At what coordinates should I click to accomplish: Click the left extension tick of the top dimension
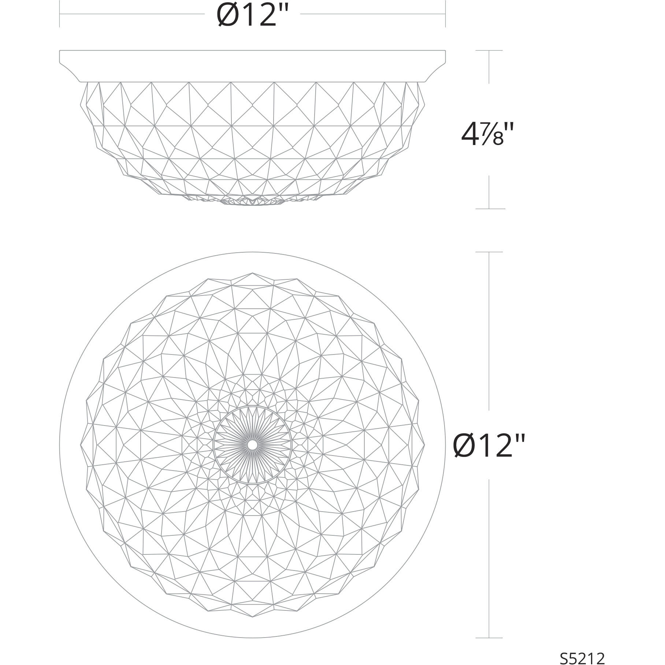60,14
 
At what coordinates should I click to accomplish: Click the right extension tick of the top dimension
445,14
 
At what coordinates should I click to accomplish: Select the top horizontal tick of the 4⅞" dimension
489,51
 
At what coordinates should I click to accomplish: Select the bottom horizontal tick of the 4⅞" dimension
490,209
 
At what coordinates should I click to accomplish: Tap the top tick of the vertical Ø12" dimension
489,252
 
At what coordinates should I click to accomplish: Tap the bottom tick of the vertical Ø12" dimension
489,638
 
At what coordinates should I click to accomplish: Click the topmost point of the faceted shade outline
252,273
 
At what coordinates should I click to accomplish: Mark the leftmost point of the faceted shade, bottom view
80,445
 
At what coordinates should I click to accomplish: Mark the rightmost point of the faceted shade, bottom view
424,445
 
